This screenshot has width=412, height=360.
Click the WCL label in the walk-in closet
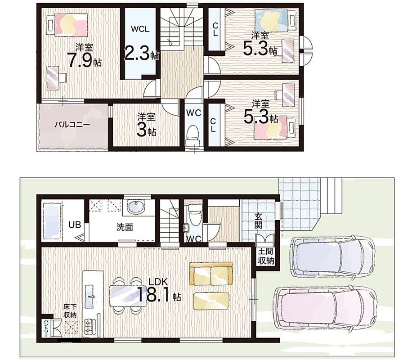pyautogui.click(x=140, y=29)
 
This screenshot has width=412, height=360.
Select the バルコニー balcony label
pyautogui.click(x=72, y=124)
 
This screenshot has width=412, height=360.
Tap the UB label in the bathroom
pyautogui.click(x=75, y=225)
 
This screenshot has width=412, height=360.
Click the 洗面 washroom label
pyautogui.click(x=125, y=227)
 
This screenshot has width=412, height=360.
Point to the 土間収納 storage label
pyautogui.click(x=266, y=256)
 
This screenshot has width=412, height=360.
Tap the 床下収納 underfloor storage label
pyautogui.click(x=70, y=310)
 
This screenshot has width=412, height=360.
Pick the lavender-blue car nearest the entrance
pyautogui.click(x=333, y=256)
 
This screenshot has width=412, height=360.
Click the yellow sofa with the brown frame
pyautogui.click(x=211, y=274)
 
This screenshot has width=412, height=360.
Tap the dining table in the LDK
pyautogui.click(x=128, y=296)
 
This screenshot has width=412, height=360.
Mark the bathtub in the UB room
pyautogui.click(x=53, y=221)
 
